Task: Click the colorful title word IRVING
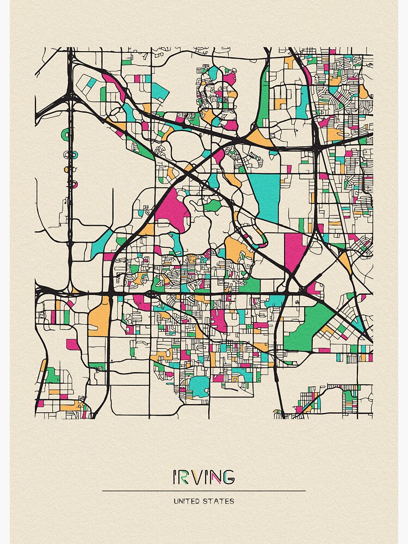point(203,477)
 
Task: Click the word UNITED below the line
point(187,501)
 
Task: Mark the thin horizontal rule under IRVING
point(203,491)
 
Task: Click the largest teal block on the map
point(265,196)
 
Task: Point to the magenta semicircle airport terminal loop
point(68,184)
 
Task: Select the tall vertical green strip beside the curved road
point(264,98)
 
